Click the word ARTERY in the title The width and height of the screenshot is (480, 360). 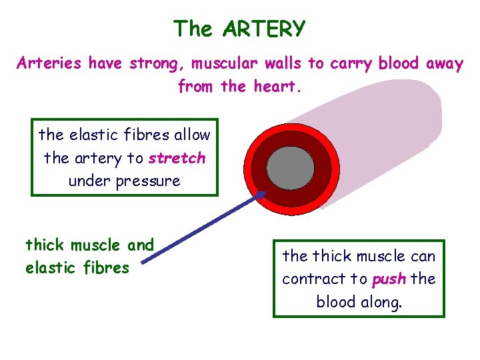click(265, 29)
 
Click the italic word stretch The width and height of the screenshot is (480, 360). click(177, 159)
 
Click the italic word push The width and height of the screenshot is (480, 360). click(389, 279)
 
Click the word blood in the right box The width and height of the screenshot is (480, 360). click(336, 301)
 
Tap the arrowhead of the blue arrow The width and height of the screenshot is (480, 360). click(261, 195)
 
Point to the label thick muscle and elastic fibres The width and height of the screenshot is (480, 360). click(89, 257)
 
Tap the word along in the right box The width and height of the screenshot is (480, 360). click(381, 301)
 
